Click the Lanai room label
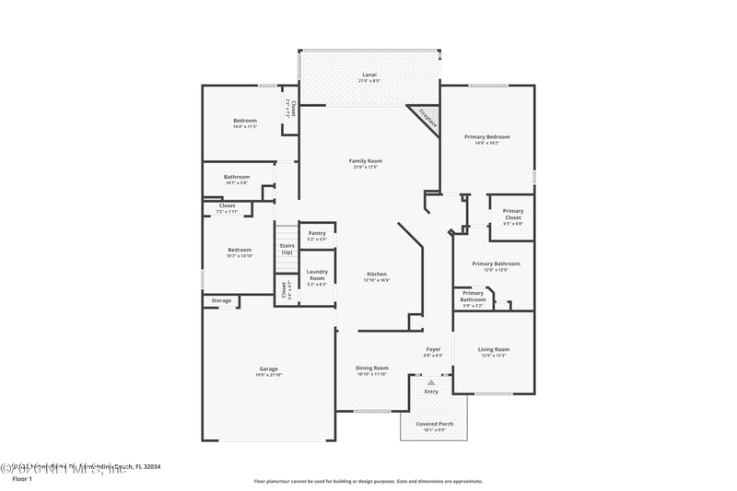[x=368, y=75]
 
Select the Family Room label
[x=365, y=161]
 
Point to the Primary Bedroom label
[x=486, y=137]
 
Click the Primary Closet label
[x=512, y=214]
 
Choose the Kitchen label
[x=377, y=275]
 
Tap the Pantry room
[x=317, y=234]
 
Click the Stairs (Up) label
[x=287, y=249]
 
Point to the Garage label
[x=268, y=369]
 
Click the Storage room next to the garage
[x=221, y=300]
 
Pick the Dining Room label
[x=372, y=368]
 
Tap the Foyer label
[x=433, y=350]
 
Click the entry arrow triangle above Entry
[x=431, y=382]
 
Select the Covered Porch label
[x=433, y=424]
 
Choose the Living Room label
[x=493, y=349]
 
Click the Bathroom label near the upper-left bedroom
[x=237, y=177]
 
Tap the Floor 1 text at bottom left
[x=21, y=479]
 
